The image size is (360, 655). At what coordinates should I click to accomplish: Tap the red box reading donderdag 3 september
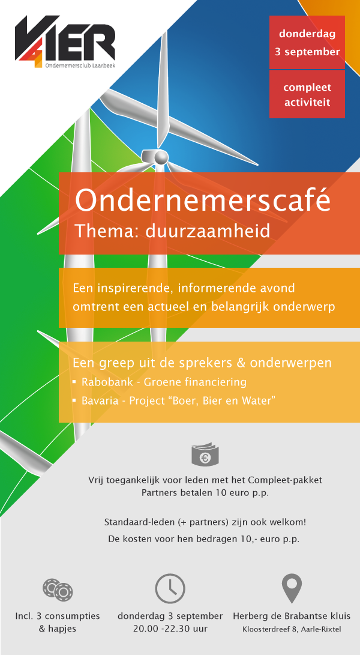pyautogui.click(x=307, y=42)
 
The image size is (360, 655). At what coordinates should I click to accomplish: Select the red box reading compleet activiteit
pyautogui.click(x=307, y=94)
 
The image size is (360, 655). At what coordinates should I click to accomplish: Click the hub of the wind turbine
pyautogui.click(x=160, y=157)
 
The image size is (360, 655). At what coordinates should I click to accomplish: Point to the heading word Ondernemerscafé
pyautogui.click(x=203, y=201)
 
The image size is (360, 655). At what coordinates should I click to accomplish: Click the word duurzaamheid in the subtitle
pyautogui.click(x=208, y=231)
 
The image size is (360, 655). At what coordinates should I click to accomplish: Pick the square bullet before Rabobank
pyautogui.click(x=74, y=382)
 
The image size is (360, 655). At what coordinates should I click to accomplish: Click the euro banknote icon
pyautogui.click(x=205, y=456)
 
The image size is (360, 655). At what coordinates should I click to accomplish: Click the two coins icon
pyautogui.click(x=58, y=590)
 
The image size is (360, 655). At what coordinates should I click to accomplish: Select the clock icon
pyautogui.click(x=170, y=588)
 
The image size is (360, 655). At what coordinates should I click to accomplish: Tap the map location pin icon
pyautogui.click(x=292, y=588)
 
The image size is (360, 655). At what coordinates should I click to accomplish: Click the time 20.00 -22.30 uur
pyautogui.click(x=170, y=629)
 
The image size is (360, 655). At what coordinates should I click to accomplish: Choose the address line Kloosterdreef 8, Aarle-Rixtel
pyautogui.click(x=292, y=629)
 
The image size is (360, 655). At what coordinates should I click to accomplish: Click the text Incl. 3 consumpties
pyautogui.click(x=58, y=616)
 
